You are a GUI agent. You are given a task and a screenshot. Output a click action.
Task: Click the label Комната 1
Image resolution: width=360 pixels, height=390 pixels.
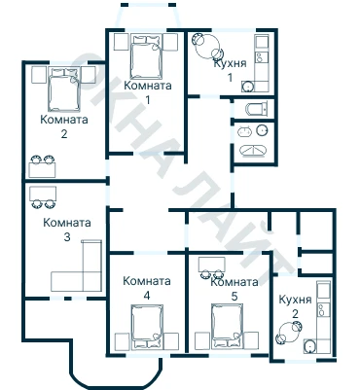coord(148,92)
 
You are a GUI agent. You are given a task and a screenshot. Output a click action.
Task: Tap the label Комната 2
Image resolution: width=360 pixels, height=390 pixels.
coord(64,126)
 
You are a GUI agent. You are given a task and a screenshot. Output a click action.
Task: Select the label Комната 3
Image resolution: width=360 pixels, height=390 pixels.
coord(67,230)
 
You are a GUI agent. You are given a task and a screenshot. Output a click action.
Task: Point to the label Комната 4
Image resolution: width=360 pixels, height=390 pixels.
coord(147,288)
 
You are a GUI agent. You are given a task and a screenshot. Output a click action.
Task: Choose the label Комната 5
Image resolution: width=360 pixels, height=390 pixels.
coord(234,289)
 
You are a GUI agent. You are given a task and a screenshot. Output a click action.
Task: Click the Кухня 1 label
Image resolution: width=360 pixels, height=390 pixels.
coord(230,70)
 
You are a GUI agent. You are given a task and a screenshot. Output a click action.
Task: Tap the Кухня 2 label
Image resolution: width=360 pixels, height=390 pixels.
coord(295,306)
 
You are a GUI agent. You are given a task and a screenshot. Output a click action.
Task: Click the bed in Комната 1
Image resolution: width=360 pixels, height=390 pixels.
coord(146,57)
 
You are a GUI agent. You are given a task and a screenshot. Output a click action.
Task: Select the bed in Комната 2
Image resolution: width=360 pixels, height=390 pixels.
coord(64,89)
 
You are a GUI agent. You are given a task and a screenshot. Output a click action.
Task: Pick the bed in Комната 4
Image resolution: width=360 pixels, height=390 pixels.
coord(147,327)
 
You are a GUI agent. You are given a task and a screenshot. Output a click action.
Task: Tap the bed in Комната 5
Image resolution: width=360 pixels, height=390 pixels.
coord(227,326)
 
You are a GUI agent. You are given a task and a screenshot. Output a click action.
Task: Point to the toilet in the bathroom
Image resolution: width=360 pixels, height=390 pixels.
coord(257,109)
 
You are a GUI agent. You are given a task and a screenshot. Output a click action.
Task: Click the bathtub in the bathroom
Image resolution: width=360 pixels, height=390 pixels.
coord(253,151)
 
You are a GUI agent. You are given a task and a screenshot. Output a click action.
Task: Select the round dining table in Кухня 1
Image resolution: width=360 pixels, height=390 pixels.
coord(207,45)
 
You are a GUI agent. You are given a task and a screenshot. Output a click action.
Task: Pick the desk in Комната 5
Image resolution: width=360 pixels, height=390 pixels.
coord(212,264)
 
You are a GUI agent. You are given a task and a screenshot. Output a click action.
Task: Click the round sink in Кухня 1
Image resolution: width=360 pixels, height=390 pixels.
coord(248,87)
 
